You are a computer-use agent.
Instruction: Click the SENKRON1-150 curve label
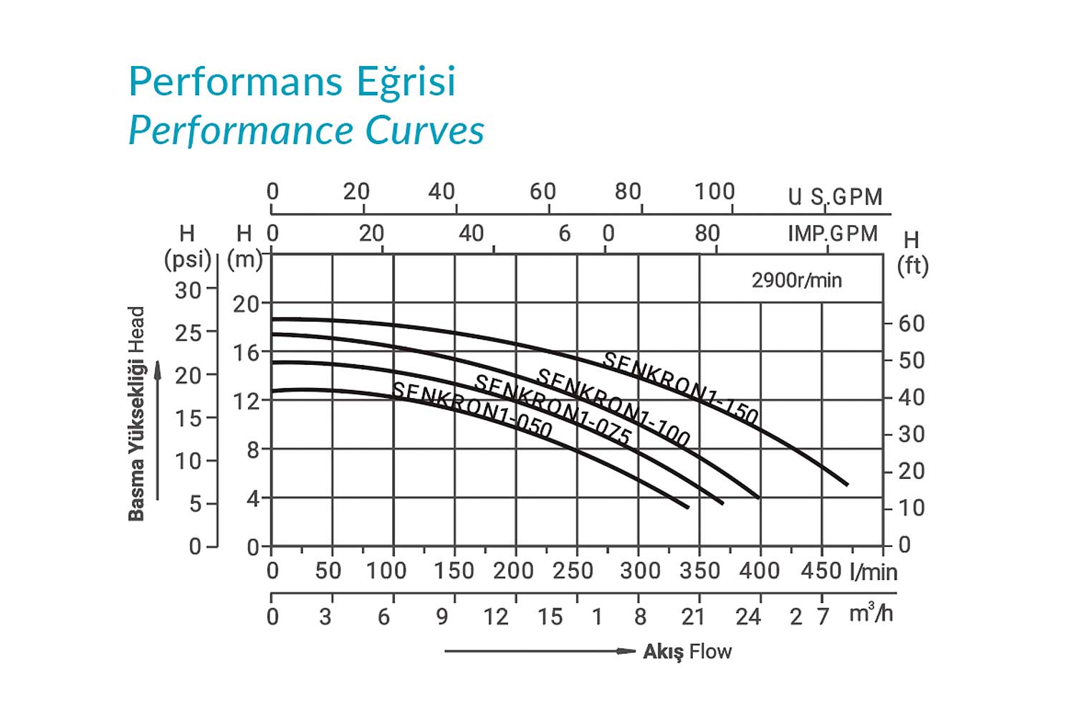[x=680, y=387]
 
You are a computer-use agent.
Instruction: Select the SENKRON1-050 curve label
[x=472, y=410]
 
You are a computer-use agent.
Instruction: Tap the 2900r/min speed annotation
[x=796, y=280]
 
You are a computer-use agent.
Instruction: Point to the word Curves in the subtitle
[x=425, y=130]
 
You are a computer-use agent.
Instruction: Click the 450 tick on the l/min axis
[x=821, y=571]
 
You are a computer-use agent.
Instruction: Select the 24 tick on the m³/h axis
[x=747, y=617]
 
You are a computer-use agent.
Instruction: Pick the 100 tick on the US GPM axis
[x=715, y=192]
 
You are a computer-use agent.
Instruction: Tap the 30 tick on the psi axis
[x=188, y=290]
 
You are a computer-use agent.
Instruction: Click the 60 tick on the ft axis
[x=911, y=323]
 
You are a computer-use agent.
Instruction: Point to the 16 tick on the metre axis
[x=246, y=353]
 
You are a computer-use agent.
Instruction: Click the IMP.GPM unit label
[x=833, y=234]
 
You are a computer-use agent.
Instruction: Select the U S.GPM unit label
[x=835, y=196]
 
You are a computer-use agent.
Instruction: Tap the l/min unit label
[x=873, y=572]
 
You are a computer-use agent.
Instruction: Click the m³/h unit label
[x=871, y=614]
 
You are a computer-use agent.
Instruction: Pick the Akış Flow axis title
[x=687, y=652]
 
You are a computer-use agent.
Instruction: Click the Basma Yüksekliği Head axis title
[x=136, y=414]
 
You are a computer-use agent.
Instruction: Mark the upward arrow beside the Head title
[x=158, y=430]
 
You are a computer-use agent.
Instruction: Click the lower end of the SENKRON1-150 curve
[x=847, y=485]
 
